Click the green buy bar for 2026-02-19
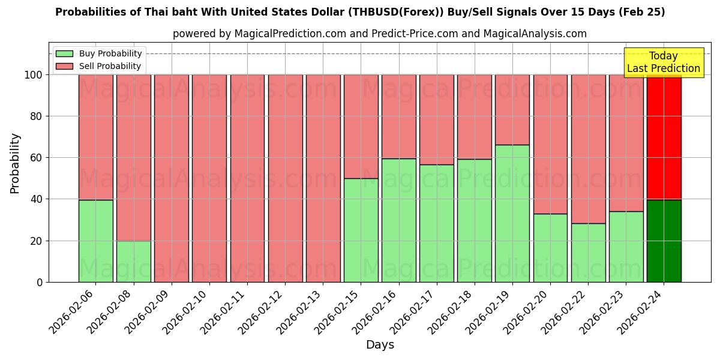coord(512,213)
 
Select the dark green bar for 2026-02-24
coord(664,241)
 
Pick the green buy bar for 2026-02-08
coord(134,261)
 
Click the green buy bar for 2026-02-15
coord(361,230)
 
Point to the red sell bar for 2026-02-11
coord(247,178)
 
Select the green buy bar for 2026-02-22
coord(588,253)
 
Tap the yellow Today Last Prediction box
coord(663,62)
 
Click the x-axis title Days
coord(380,345)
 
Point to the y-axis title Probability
coord(15,163)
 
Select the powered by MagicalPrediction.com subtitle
coord(259,34)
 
